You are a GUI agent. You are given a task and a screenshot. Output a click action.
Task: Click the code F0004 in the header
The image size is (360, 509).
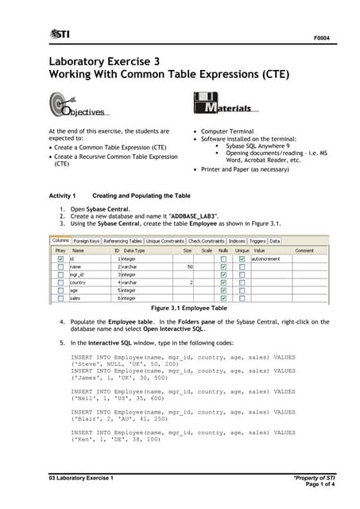[321, 37]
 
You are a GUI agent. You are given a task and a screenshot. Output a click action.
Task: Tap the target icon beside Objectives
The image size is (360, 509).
[60, 104]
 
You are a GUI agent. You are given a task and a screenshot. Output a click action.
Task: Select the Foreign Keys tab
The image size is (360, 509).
[87, 240]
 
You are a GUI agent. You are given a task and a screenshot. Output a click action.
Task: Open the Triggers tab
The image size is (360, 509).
[257, 240]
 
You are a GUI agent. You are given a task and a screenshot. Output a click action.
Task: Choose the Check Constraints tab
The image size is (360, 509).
[206, 240]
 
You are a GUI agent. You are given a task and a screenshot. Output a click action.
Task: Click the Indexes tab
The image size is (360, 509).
[237, 240]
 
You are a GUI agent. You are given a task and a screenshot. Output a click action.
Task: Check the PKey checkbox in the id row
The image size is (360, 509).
[61, 258]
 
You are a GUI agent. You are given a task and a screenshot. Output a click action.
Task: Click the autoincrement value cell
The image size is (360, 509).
[265, 258]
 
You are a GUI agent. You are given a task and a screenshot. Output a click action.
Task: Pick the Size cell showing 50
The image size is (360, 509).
[189, 266]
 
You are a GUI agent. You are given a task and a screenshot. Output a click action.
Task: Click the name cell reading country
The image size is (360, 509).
[78, 282]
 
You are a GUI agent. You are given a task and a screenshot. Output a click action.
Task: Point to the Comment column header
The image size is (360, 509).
[304, 250]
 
